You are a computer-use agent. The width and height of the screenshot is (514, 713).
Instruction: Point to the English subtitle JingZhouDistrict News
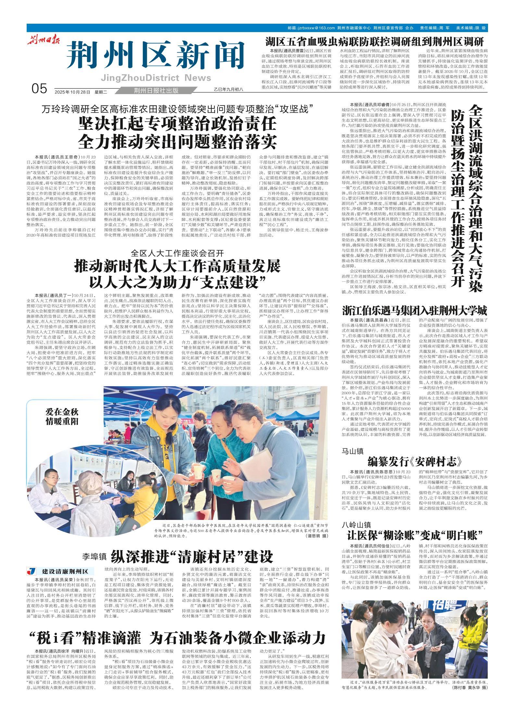click(x=156, y=78)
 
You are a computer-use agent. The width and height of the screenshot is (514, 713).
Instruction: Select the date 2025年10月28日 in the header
click(x=72, y=92)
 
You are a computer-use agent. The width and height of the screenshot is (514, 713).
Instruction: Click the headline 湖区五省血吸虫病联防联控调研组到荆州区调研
click(x=374, y=42)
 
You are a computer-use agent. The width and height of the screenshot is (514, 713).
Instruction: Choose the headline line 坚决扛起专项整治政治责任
click(x=177, y=124)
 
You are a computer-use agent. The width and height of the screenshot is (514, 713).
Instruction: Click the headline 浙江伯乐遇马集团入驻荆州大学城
click(x=415, y=311)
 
